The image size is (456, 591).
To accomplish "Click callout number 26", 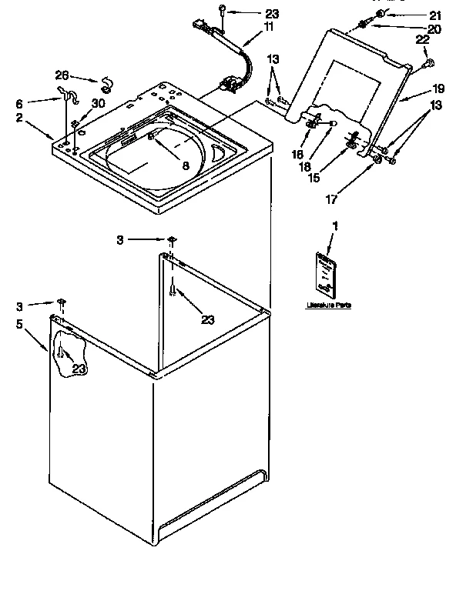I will (x=62, y=75).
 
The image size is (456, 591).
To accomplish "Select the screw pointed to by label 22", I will (x=429, y=64).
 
